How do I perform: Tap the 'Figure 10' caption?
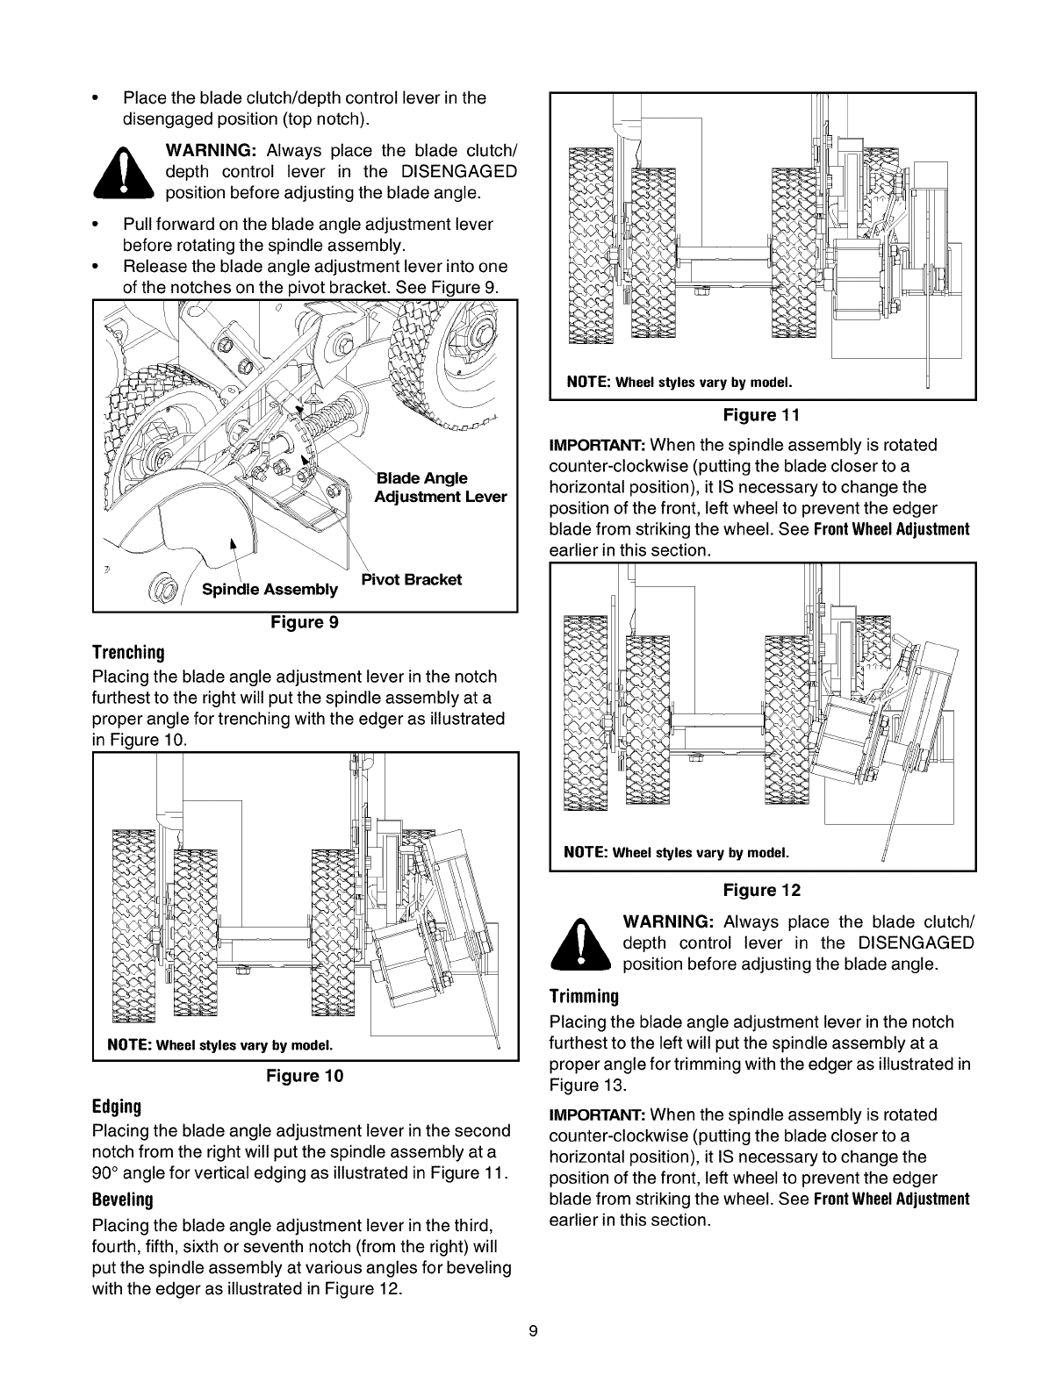click(x=305, y=1075)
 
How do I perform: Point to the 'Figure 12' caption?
click(x=762, y=891)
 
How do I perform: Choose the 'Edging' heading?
click(x=116, y=1105)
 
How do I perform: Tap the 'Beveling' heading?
click(x=122, y=1199)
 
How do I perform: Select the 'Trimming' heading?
click(x=584, y=996)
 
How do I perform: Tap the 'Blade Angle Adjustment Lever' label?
click(x=439, y=487)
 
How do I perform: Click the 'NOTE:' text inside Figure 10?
click(x=130, y=1045)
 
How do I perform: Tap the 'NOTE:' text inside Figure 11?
click(x=586, y=382)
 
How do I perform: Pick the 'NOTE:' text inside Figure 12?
click(x=586, y=852)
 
